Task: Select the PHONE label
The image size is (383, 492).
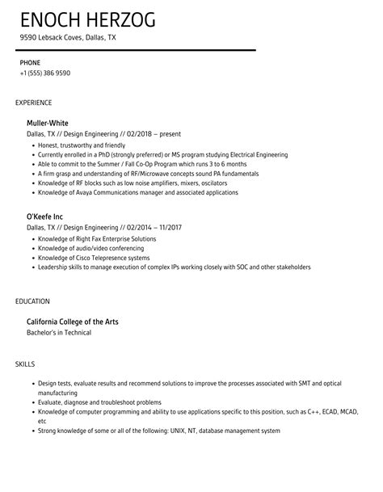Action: coord(30,61)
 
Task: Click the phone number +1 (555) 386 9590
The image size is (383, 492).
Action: coord(45,73)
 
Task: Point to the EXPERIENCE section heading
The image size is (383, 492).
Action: coord(34,103)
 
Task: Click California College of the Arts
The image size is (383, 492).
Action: coord(73,322)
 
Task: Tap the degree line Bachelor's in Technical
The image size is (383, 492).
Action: coord(59,333)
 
